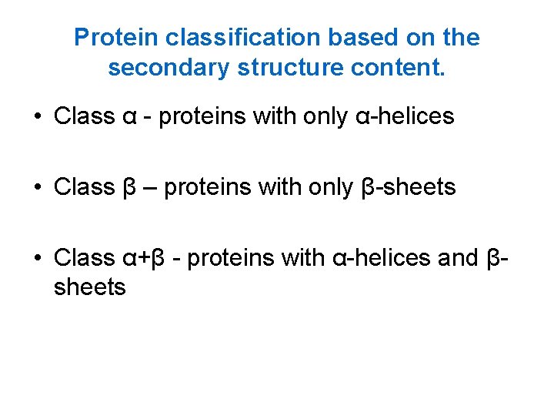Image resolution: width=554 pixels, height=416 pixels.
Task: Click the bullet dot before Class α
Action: (x=37, y=117)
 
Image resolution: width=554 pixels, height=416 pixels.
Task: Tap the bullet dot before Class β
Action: (x=37, y=187)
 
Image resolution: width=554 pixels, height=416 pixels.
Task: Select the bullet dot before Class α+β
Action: (x=37, y=257)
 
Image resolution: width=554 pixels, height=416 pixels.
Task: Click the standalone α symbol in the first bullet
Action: (x=129, y=117)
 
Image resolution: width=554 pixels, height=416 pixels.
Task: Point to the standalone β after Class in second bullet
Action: (x=129, y=187)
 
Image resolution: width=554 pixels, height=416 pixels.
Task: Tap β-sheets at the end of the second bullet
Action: (x=408, y=187)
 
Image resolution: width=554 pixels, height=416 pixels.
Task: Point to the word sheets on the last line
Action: (x=89, y=287)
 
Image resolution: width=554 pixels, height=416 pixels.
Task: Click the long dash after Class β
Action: (x=151, y=187)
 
